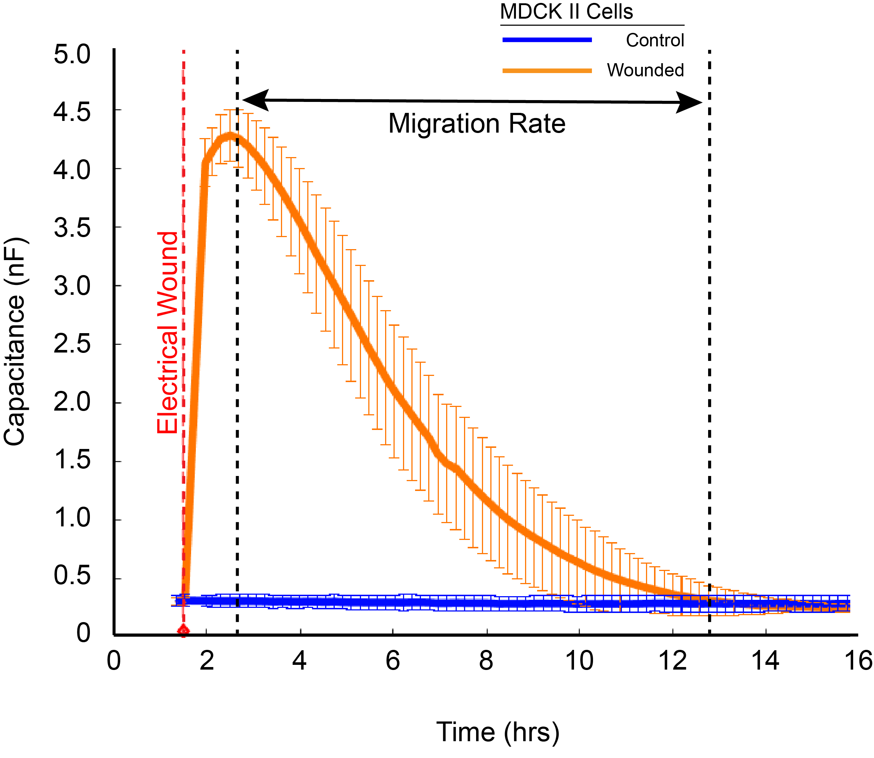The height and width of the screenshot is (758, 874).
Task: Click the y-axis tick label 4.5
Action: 72,113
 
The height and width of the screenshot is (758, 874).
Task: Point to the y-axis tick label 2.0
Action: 72,402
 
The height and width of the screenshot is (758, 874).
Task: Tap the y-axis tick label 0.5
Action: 72,575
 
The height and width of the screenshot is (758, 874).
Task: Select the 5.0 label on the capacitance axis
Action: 72,55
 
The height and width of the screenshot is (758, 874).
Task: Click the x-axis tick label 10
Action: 579,661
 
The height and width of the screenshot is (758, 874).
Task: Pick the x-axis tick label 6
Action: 392,661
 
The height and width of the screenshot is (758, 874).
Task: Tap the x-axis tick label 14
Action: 765,661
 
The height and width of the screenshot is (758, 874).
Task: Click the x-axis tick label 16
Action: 858,661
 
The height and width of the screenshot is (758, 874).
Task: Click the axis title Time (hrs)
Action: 498,732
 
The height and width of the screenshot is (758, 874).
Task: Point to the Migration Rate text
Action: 477,123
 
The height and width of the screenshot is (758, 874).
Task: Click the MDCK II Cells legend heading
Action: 566,12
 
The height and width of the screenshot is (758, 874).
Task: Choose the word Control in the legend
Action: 655,41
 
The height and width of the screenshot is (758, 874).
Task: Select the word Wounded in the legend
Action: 645,70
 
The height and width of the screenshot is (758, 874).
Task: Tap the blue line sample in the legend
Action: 547,40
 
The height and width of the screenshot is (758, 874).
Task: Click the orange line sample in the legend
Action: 547,71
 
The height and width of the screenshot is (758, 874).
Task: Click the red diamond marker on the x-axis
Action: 183,631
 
